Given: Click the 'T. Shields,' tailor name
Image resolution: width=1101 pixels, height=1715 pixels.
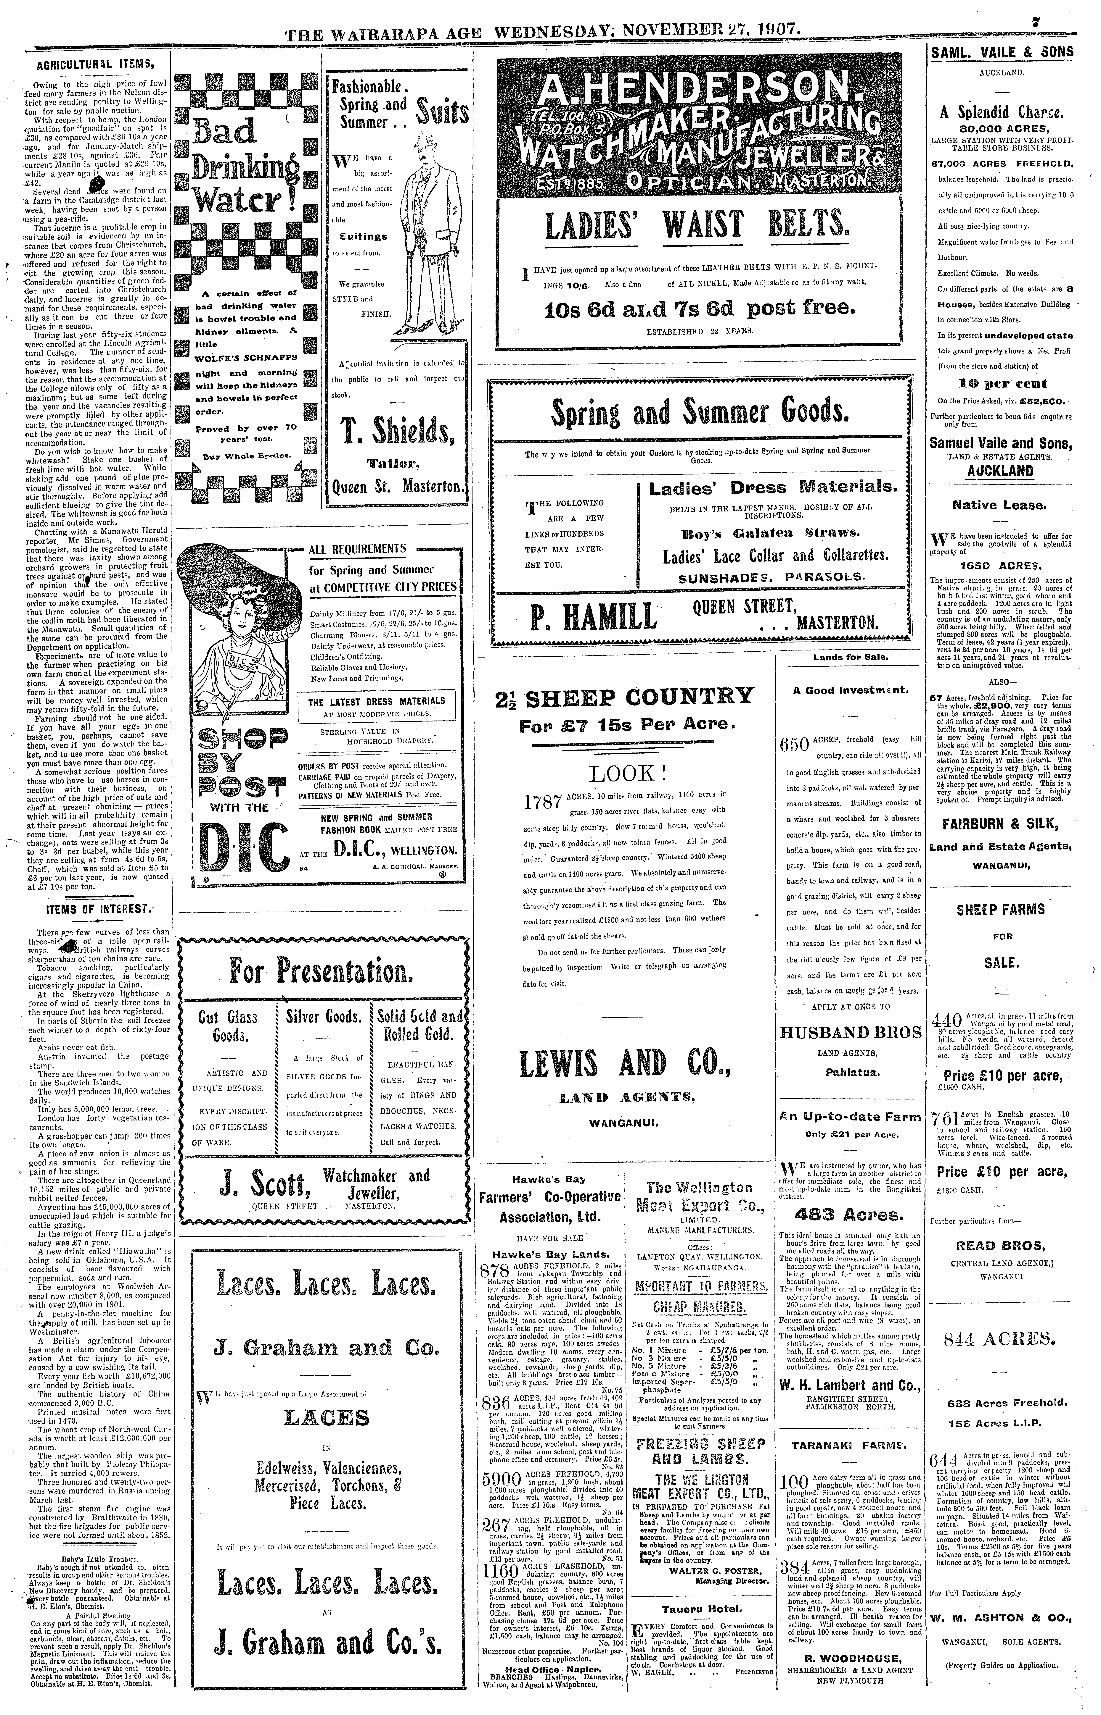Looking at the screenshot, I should pyautogui.click(x=397, y=432).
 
